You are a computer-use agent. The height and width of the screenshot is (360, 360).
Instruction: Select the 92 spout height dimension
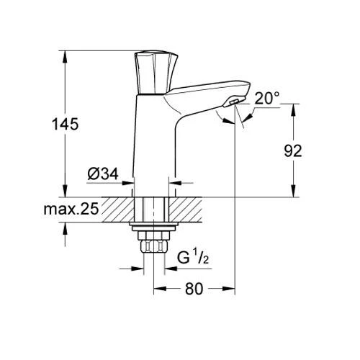[x=292, y=150]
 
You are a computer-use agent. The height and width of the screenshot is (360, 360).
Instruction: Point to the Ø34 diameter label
[x=103, y=174]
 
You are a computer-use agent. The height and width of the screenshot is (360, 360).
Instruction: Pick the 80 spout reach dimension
[x=194, y=289]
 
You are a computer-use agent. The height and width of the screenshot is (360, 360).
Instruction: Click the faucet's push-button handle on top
[x=152, y=73]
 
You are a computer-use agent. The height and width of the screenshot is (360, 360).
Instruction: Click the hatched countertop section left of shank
[x=120, y=208]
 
